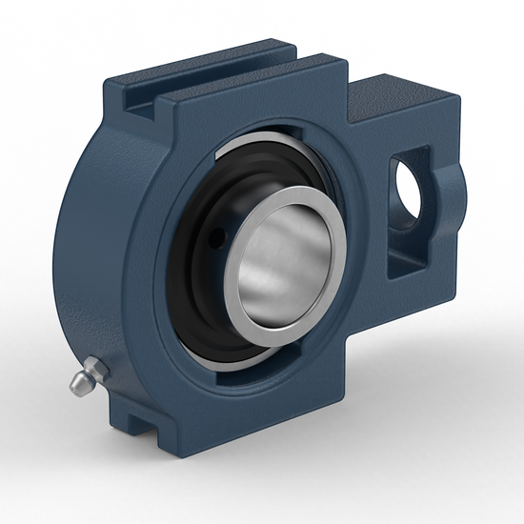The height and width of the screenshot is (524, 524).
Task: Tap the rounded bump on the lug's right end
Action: [x=455, y=191]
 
